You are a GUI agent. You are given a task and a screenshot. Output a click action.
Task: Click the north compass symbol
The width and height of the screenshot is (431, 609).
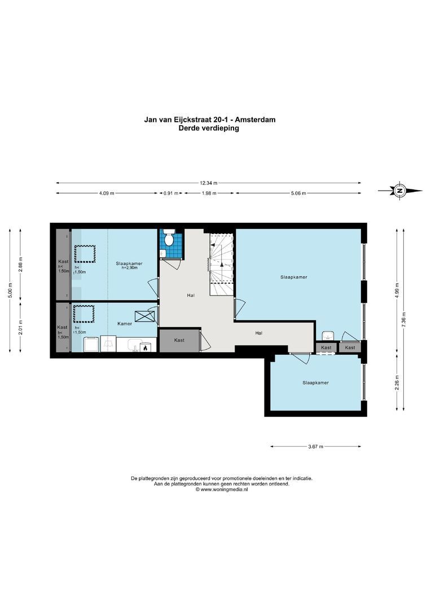click(400, 191)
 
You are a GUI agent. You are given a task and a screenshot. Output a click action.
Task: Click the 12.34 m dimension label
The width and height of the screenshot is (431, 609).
click(209, 183)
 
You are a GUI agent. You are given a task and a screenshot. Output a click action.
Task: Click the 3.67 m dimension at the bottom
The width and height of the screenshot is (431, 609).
click(316, 447)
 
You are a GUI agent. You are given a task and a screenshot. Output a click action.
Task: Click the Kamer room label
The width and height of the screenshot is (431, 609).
click(125, 324)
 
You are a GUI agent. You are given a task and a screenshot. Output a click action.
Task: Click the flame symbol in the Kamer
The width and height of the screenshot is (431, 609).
click(145, 348)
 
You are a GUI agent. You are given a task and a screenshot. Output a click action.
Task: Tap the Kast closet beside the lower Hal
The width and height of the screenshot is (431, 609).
click(179, 341)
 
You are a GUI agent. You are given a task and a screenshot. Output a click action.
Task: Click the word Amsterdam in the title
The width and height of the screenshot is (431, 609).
click(256, 120)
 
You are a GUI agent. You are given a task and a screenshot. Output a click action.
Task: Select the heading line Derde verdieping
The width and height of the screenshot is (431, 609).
click(209, 128)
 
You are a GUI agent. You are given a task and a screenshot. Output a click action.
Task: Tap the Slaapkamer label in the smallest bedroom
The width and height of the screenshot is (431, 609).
click(315, 383)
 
